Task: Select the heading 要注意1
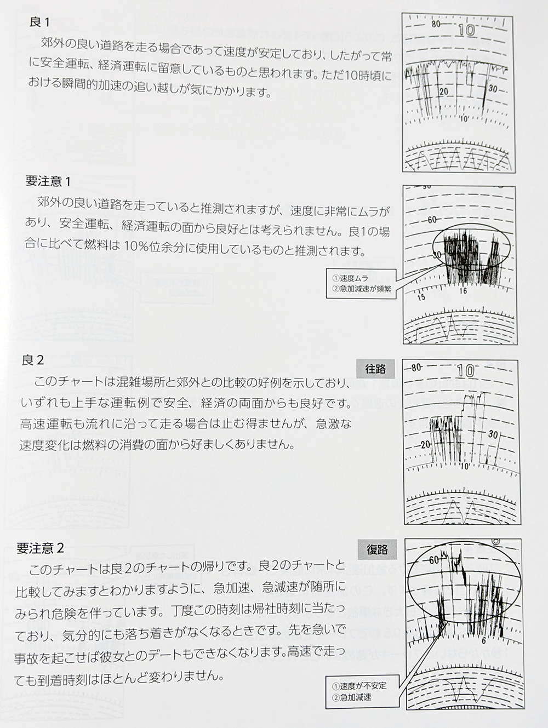tap(48, 181)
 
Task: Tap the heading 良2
tap(33, 360)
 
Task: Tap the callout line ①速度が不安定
tap(359, 685)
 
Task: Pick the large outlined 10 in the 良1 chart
tap(467, 30)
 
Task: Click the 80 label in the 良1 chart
tap(437, 24)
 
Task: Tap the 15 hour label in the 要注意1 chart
tap(421, 297)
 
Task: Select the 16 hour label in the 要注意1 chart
tap(463, 291)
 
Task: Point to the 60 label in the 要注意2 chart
tap(434, 560)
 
